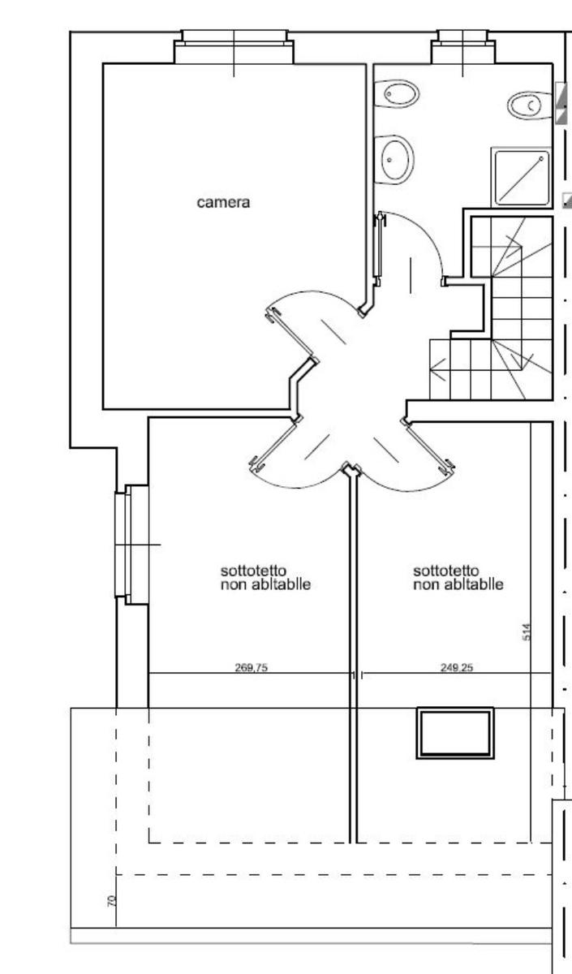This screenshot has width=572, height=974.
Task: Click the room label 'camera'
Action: coord(223,203)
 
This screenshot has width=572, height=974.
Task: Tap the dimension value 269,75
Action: coord(252,667)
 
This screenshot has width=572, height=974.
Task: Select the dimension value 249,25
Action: coord(457,667)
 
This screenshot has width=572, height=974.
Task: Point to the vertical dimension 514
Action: coord(527,631)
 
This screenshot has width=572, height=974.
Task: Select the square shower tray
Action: coord(522,178)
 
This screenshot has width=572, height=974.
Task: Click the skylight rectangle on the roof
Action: coord(455,733)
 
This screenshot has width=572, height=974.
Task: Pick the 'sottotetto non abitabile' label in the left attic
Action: coord(265,577)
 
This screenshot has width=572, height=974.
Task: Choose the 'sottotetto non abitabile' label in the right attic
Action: coord(458,577)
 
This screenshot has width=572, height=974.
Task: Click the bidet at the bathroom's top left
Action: coord(397,93)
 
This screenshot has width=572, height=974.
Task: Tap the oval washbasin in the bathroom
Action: coord(394,160)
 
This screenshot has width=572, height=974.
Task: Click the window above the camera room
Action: coord(234,47)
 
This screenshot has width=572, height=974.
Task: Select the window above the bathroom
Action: coord(463,47)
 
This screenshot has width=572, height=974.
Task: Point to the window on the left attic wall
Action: coord(131,545)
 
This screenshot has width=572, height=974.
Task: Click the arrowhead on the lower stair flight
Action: coord(438,369)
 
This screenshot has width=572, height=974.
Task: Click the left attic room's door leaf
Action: coord(275,443)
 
